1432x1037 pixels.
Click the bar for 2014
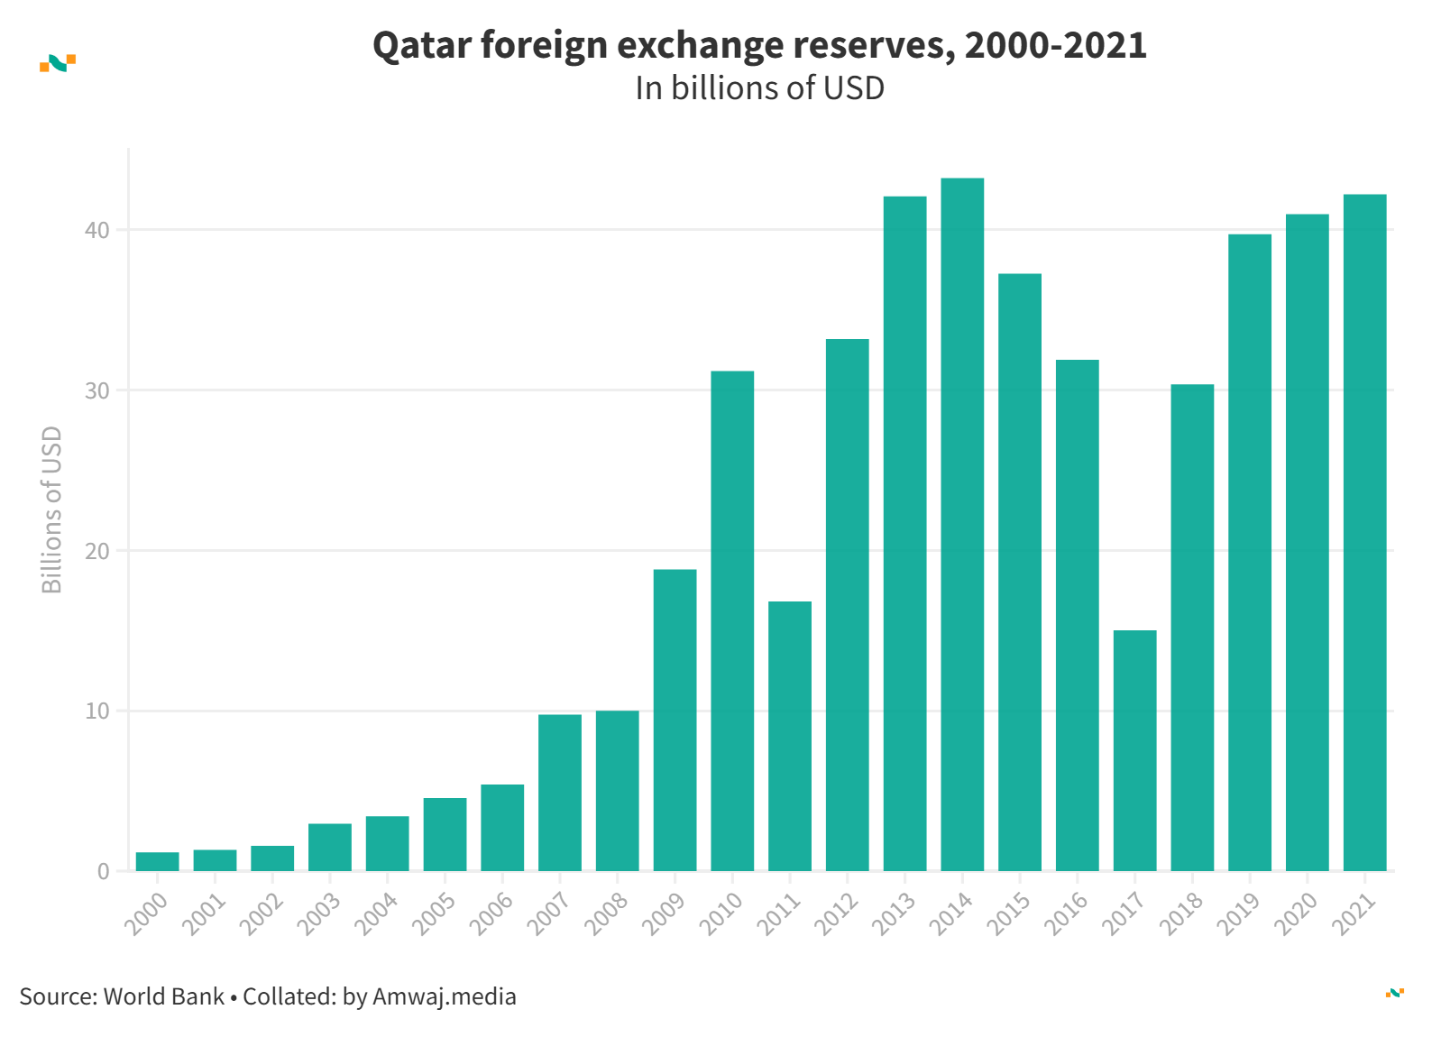pos(962,525)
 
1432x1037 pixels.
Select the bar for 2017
pos(1134,750)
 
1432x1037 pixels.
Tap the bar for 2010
pos(732,620)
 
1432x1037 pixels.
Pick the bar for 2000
pos(158,861)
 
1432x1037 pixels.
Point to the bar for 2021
pos(1364,532)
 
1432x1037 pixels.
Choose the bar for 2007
pos(560,792)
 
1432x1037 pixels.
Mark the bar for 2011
pos(790,736)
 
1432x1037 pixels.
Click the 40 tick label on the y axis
pos(96,230)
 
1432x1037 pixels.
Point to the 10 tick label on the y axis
pos(96,711)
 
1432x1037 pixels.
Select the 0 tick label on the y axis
pos(103,871)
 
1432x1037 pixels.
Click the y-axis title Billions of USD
pos(52,509)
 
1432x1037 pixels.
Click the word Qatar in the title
pos(421,45)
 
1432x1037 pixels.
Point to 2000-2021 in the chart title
pos(1055,45)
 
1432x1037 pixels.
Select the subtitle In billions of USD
pos(759,88)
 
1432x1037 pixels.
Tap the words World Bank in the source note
pos(164,996)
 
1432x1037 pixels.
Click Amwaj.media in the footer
pos(445,996)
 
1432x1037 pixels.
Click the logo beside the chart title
pos(58,63)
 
